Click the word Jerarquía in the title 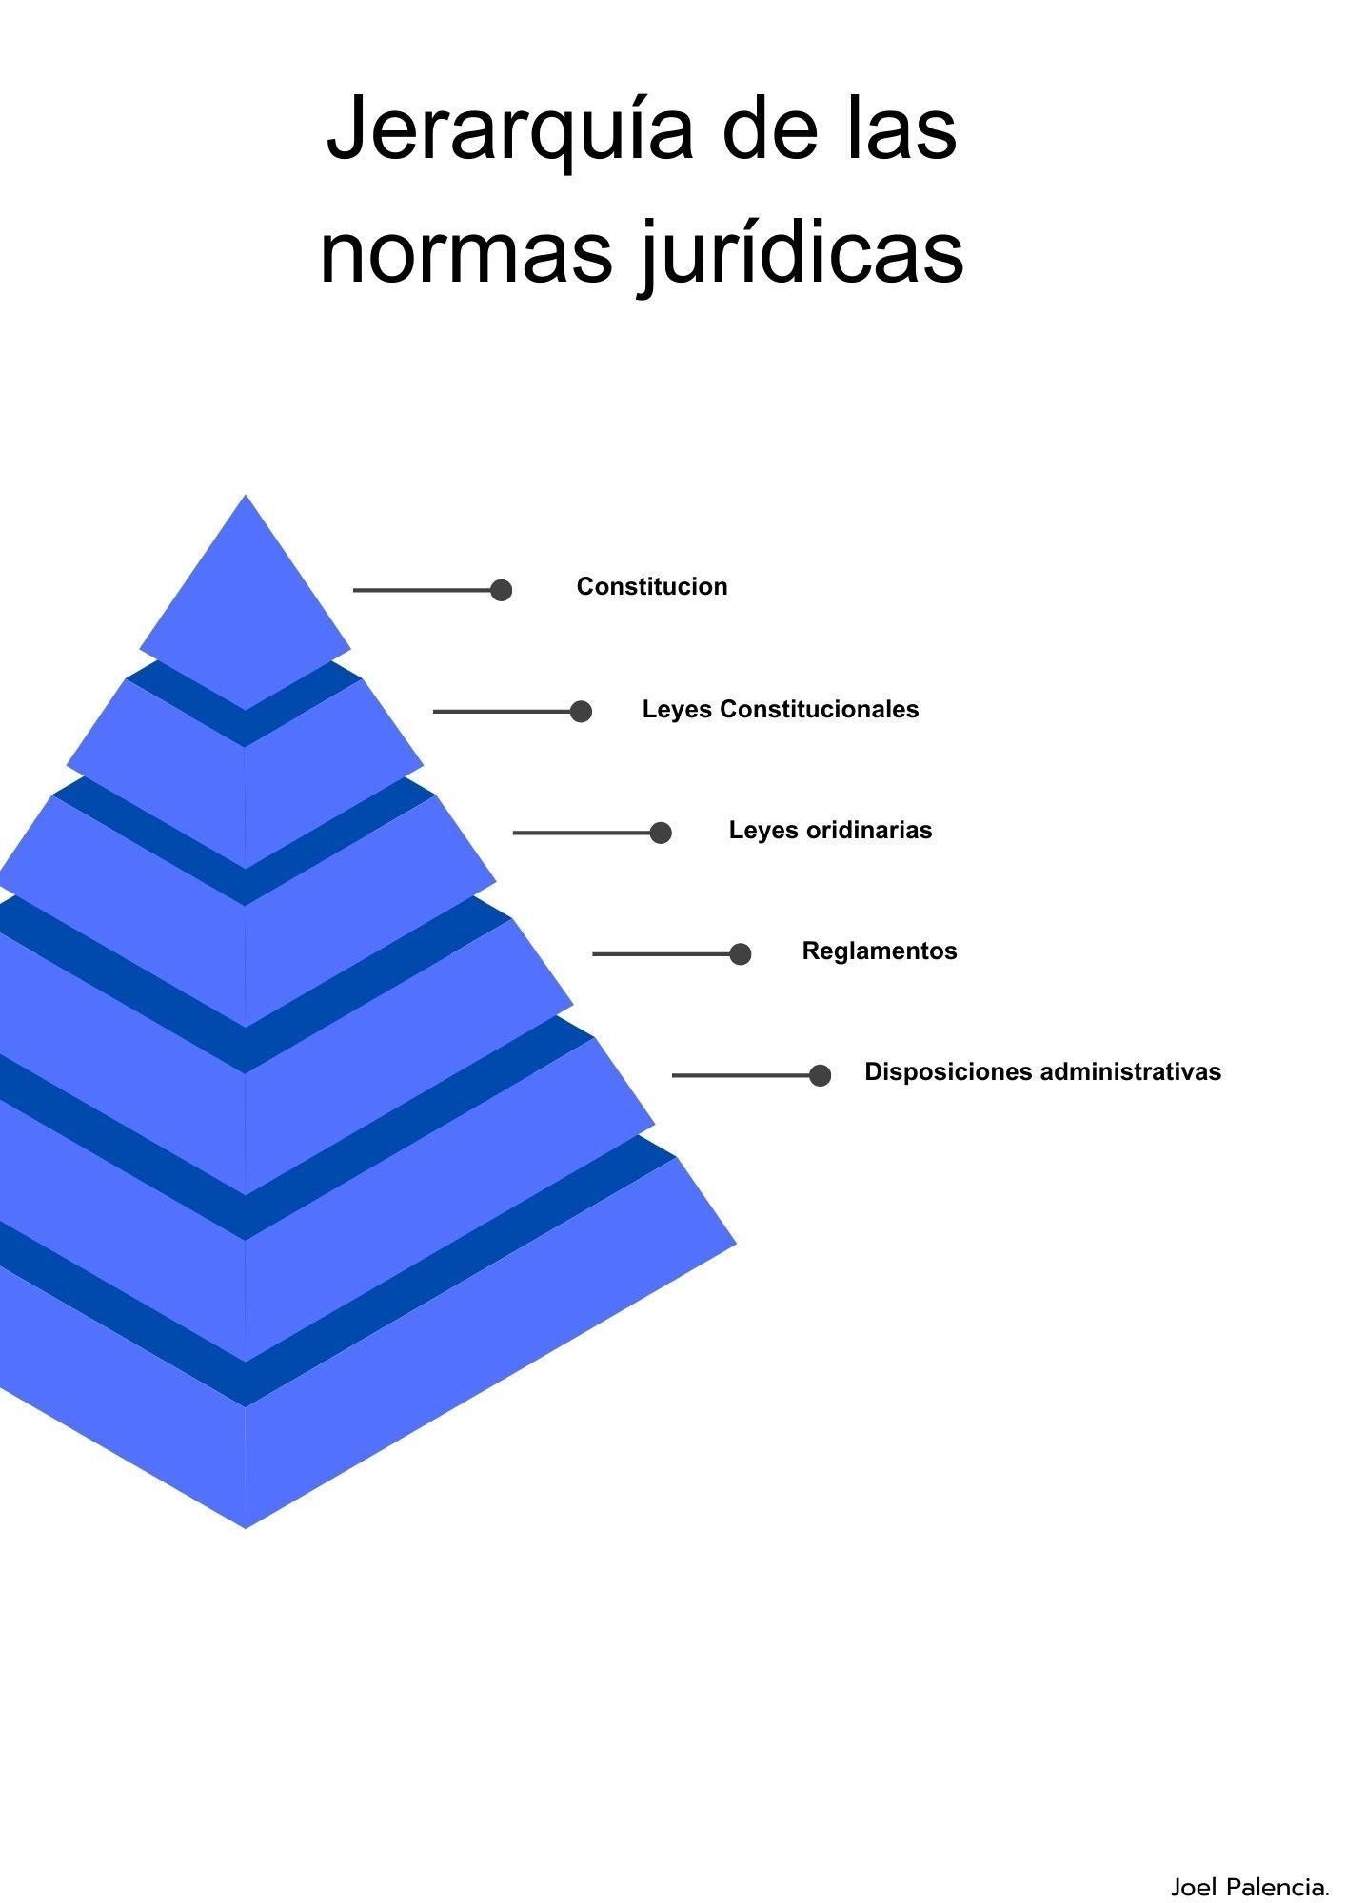click(510, 128)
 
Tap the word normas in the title click(465, 251)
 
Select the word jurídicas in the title click(801, 251)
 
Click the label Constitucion click(652, 586)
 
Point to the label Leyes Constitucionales click(781, 709)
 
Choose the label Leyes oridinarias click(831, 830)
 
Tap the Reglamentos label click(880, 951)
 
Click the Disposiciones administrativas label click(1042, 1071)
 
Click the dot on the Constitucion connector click(502, 591)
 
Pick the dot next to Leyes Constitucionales click(581, 712)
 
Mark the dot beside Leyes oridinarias click(661, 833)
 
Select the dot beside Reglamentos click(741, 953)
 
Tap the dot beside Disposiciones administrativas click(820, 1075)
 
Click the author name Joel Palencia click(1250, 1886)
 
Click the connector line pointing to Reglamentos click(663, 953)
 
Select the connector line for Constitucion click(424, 591)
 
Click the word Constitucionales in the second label click(820, 709)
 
